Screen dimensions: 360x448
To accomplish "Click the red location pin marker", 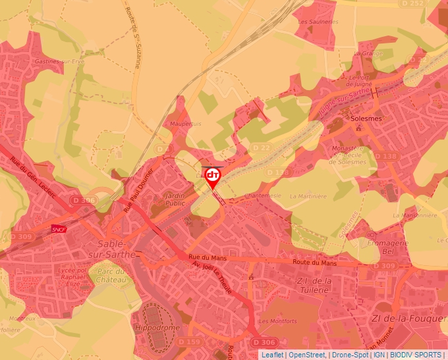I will coord(213,176).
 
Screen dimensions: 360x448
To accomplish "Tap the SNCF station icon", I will coord(58,228).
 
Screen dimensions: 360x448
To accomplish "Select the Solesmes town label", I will coord(366,118).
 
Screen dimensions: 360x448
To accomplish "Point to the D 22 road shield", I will coord(260,147).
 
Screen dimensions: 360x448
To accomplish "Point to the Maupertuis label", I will coord(185,123).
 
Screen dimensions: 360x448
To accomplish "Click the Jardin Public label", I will coord(175,199).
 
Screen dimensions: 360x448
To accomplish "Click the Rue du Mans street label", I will coord(208,258).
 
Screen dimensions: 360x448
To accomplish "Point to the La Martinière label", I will coord(308,195).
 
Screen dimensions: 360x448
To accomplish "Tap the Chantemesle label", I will coord(263,195).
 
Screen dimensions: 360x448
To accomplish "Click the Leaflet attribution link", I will coord(271,354).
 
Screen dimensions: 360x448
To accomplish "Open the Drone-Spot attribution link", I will coord(349,354).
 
